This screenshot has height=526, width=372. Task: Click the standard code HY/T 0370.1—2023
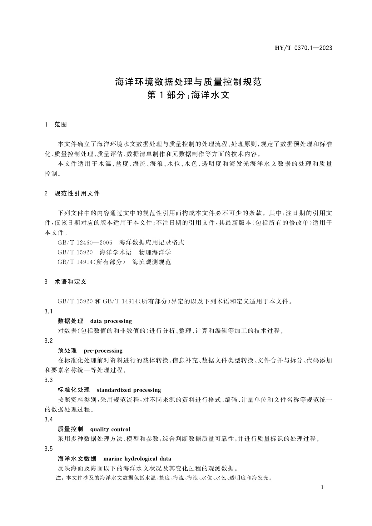pyautogui.click(x=303, y=48)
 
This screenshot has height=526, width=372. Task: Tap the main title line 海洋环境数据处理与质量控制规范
pyautogui.click(x=188, y=82)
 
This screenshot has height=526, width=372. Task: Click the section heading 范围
pyautogui.click(x=61, y=125)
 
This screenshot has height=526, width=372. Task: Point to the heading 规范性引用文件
pyautogui.click(x=77, y=194)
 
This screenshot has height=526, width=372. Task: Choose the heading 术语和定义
pyautogui.click(x=70, y=282)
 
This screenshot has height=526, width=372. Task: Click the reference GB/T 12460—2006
pyautogui.click(x=85, y=243)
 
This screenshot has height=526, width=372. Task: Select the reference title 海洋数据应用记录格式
pyautogui.click(x=152, y=243)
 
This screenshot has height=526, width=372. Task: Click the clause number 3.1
pyautogui.click(x=49, y=311)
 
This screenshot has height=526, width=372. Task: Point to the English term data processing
pyautogui.click(x=111, y=321)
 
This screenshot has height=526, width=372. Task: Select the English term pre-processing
pyautogui.click(x=103, y=351)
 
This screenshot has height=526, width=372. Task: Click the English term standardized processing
pyautogui.click(x=129, y=390)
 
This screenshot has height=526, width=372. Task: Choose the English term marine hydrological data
pyautogui.click(x=137, y=459)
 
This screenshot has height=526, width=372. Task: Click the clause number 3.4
pyautogui.click(x=49, y=419)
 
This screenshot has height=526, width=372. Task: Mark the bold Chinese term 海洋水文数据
pyautogui.click(x=77, y=459)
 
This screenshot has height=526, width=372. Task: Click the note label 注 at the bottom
pyautogui.click(x=58, y=478)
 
